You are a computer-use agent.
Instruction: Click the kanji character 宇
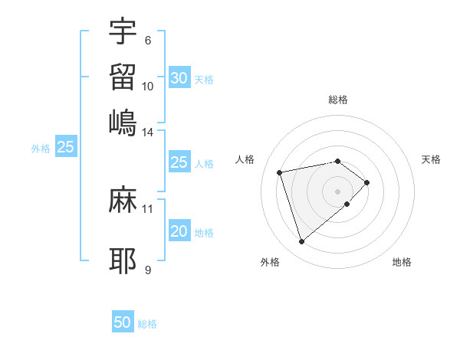pos(123,33)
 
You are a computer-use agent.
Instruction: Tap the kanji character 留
pos(123,77)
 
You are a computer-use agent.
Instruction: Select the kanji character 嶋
pos(123,123)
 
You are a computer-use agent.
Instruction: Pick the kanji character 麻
pos(123,201)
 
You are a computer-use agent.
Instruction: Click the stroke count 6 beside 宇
pos(148,41)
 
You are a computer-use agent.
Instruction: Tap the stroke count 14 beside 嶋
pos(148,133)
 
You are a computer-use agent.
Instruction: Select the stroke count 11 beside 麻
pos(148,208)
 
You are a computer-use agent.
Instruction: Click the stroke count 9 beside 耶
pos(148,270)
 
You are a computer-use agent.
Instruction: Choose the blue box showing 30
pos(179,78)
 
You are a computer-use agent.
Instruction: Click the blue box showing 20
pos(179,232)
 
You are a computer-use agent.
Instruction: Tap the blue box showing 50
pos(123,322)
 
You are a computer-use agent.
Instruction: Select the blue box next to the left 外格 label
pos(65,148)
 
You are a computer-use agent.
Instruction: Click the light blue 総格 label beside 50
pos(147,324)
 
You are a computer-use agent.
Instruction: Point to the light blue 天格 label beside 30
pos(204,80)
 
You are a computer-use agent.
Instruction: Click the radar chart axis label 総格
pos(338,100)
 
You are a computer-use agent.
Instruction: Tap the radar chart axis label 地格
pos(402,262)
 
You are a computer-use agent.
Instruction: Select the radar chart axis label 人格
pos(245,159)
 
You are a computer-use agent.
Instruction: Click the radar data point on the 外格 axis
pos(301,242)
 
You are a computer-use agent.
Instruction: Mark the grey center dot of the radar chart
pos(338,191)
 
